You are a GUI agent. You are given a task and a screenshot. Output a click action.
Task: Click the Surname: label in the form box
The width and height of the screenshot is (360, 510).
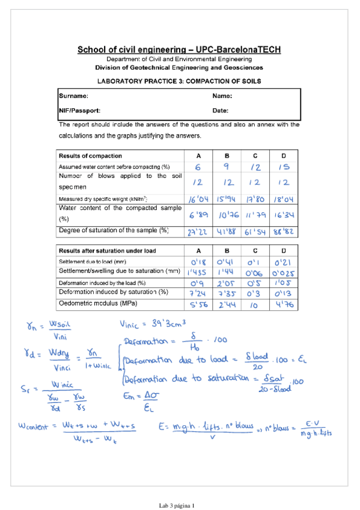73,96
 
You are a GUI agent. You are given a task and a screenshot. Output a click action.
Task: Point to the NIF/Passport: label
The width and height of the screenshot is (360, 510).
79,111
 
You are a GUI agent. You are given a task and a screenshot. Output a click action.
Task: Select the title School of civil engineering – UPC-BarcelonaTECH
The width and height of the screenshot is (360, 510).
179,50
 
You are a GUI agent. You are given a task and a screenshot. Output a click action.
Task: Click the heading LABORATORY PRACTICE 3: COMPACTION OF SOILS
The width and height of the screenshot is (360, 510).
179,80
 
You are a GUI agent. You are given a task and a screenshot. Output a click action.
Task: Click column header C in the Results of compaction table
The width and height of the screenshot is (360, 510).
255,156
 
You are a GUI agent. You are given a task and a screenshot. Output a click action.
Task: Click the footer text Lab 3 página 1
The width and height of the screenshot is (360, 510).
177,503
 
